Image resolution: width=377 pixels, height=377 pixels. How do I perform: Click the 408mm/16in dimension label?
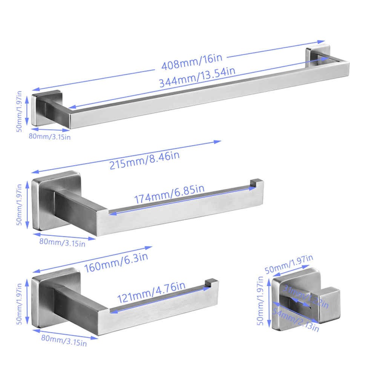192,62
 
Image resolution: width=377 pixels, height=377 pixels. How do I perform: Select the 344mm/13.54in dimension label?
197,77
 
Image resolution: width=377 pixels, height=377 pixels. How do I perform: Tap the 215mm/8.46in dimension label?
144,160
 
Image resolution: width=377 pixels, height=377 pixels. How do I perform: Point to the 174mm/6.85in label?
169,194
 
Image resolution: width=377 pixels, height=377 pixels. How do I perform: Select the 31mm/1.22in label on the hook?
306,296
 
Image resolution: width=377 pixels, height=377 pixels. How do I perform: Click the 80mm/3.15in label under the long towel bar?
50,136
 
